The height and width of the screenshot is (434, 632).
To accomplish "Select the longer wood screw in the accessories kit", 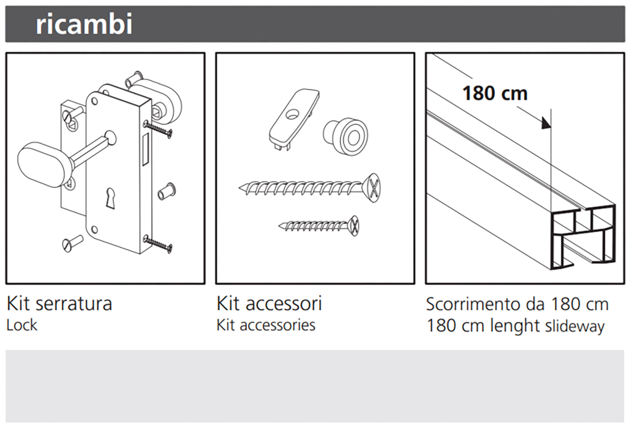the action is click(309, 188).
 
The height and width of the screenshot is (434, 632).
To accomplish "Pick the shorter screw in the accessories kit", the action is click(319, 226).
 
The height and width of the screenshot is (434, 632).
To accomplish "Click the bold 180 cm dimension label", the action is click(495, 93).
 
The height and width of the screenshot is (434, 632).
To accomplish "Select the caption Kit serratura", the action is click(59, 304).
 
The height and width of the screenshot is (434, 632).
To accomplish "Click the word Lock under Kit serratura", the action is click(22, 325).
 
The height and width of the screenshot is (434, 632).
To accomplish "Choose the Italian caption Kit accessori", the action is click(269, 304).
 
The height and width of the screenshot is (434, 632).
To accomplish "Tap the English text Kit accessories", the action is click(266, 325).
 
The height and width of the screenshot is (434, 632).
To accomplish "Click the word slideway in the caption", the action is click(575, 326).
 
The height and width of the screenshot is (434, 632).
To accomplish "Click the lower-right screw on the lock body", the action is click(158, 244).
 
